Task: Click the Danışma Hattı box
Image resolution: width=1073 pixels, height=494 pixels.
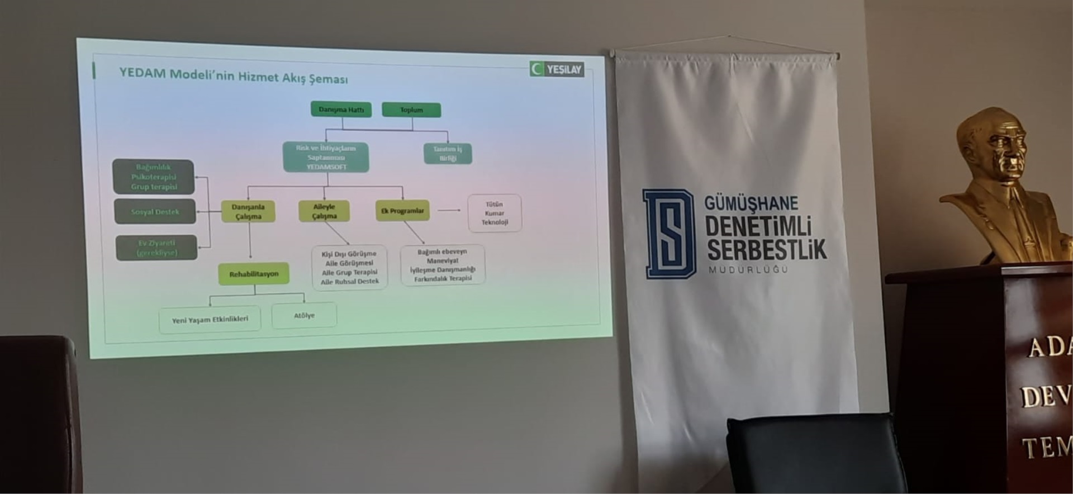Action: point(341,110)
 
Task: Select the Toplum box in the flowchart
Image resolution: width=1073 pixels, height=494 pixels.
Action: point(411,110)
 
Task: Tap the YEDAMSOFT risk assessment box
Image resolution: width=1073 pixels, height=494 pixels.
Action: point(326,157)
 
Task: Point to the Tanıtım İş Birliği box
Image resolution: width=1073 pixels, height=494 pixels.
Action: point(448,154)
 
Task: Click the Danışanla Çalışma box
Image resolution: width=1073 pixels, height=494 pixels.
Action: point(248,211)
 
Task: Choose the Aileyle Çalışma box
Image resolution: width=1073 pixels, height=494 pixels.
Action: point(324,211)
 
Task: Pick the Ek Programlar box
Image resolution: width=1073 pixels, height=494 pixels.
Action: point(402,211)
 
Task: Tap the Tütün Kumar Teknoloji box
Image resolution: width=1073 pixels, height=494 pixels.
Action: point(495,213)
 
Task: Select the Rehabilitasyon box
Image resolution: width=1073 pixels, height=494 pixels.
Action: point(254,274)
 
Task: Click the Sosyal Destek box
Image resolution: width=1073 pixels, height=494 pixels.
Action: point(155,212)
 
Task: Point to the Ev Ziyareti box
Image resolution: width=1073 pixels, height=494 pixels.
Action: point(157,248)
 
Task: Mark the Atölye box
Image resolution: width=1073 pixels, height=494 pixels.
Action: point(304,316)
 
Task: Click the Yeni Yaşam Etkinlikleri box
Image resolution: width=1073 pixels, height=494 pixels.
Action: point(210,320)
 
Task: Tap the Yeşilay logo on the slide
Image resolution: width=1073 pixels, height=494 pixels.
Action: point(557,69)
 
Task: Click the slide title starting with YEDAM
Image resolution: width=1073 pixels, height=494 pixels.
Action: point(234,75)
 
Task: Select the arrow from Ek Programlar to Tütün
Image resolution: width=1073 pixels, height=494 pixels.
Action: point(449,211)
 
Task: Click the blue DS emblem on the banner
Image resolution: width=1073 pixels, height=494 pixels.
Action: point(668,234)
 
